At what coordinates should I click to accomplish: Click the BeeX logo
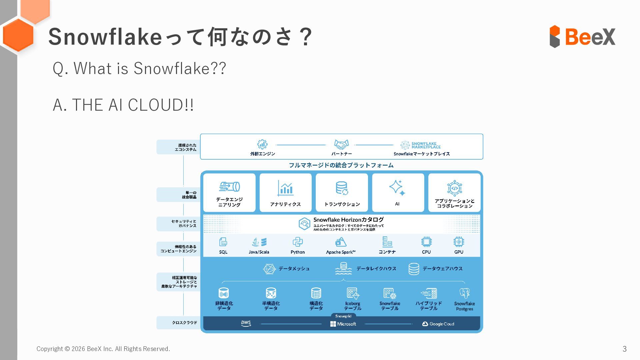click(582, 36)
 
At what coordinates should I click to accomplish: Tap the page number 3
click(624, 349)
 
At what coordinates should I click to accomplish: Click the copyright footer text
click(103, 349)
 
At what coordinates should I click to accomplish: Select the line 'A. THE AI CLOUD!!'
click(123, 105)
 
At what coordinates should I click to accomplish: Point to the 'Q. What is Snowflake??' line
click(139, 68)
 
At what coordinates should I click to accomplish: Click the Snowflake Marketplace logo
click(420, 145)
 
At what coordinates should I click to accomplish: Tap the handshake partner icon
click(341, 144)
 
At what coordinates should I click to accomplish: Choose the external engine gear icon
click(262, 144)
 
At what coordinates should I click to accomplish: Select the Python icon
click(297, 242)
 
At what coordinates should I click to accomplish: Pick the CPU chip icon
click(426, 242)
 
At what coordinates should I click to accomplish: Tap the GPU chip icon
click(459, 242)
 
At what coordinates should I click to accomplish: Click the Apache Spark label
click(341, 252)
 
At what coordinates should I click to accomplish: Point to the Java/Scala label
click(259, 252)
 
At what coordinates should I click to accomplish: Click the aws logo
click(246, 323)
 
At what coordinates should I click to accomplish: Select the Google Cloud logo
click(438, 324)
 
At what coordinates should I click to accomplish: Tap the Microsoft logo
click(343, 324)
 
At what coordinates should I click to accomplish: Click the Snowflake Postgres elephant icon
click(464, 293)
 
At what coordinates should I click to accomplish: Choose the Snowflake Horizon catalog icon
click(304, 224)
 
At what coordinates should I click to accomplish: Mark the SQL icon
click(223, 242)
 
